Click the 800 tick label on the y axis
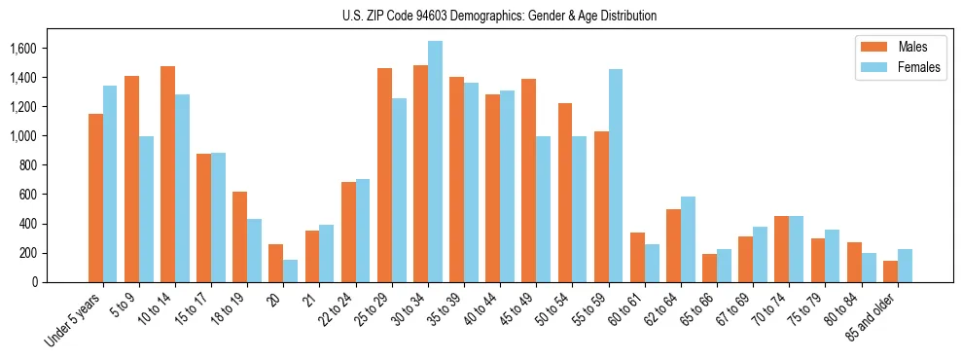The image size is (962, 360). (x=28, y=165)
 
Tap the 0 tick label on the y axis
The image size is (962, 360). (x=35, y=282)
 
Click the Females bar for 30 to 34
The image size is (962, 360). (x=435, y=162)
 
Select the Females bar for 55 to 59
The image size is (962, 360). (x=616, y=176)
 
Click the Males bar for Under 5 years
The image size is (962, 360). (x=95, y=198)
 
